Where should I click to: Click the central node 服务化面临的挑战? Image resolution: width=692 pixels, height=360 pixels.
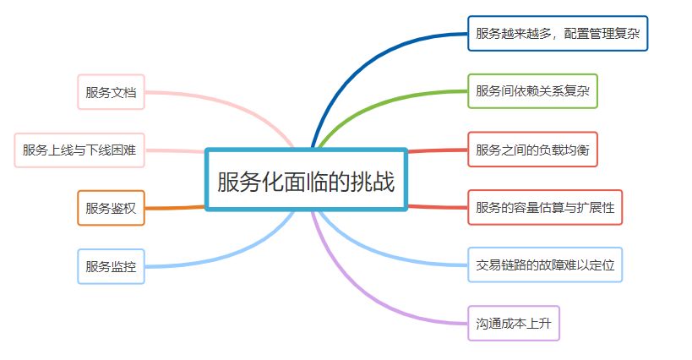pyautogui.click(x=306, y=180)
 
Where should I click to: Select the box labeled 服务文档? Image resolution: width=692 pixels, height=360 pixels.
pyautogui.click(x=111, y=92)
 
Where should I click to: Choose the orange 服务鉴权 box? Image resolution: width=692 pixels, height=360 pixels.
pyautogui.click(x=111, y=208)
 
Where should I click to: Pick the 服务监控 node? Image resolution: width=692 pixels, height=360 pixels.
pyautogui.click(x=111, y=266)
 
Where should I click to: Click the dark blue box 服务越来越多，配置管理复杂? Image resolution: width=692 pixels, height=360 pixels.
pyautogui.click(x=558, y=34)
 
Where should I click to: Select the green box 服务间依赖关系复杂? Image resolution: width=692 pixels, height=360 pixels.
pyautogui.click(x=532, y=91)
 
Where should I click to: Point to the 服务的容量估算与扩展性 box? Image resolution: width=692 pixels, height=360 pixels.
pyautogui.click(x=545, y=208)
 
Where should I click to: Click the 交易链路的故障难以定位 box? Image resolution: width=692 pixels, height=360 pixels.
pyautogui.click(x=545, y=265)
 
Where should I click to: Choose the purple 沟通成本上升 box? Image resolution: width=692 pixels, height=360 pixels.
pyautogui.click(x=514, y=323)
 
